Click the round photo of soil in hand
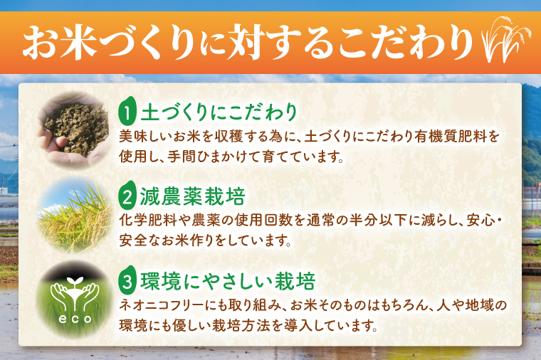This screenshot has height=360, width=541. (75, 127)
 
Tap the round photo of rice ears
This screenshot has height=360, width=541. (75, 212)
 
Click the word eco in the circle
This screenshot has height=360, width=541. (75, 318)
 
